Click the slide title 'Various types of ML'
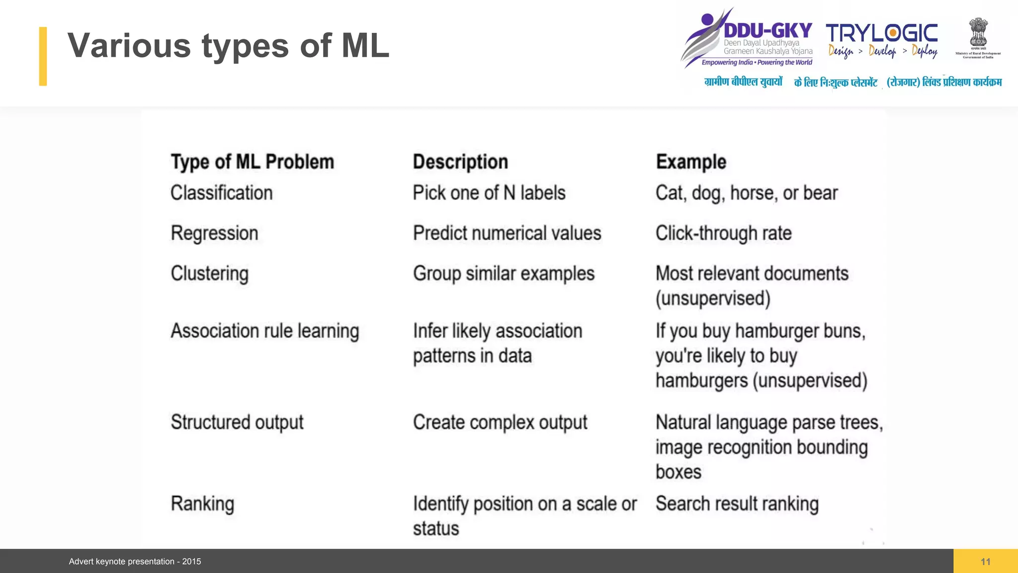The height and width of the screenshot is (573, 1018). [x=228, y=46]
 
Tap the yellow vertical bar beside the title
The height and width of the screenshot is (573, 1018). [x=43, y=56]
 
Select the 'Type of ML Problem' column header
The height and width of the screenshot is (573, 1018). [x=252, y=162]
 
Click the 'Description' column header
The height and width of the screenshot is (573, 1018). [x=460, y=162]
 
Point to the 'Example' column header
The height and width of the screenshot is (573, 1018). [x=691, y=162]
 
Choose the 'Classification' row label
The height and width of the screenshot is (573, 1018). [x=222, y=193]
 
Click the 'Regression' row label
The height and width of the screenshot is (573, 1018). [x=214, y=233]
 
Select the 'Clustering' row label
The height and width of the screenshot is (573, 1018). [x=209, y=274]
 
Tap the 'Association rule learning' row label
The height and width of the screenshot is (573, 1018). [x=264, y=331]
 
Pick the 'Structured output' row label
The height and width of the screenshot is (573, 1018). [x=237, y=422]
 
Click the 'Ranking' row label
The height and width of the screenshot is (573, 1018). [x=202, y=504]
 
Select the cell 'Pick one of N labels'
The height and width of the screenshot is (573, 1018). [x=489, y=193]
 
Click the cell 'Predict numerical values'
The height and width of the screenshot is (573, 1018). [x=507, y=233]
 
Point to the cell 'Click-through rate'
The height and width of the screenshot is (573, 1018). [x=723, y=233]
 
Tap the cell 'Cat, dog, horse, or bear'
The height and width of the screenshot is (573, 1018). [x=747, y=193]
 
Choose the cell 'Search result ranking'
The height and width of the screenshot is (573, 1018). [x=737, y=504]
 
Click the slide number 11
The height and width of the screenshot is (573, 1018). [x=985, y=562]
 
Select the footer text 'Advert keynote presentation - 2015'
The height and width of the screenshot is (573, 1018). [x=135, y=562]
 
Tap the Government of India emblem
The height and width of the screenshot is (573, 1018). [x=978, y=34]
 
